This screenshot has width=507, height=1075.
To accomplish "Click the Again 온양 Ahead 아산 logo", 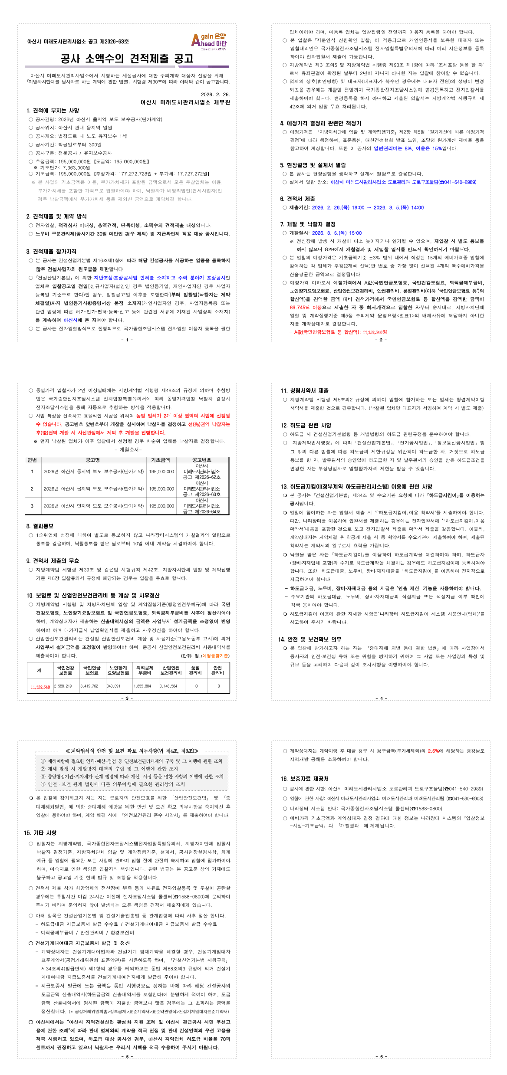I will pos(209,41).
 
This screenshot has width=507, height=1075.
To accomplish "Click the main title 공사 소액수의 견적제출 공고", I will pos(127,59).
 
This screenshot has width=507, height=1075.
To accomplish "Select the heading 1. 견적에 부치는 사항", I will pos(53,111).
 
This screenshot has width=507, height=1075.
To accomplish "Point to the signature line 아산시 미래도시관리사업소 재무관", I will pos(185,102).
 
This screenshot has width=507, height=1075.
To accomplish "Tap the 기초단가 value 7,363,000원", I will pos(76,167).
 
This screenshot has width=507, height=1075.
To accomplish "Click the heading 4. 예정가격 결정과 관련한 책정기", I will pos(321,123).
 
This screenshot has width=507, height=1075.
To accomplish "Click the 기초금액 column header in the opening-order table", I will pos(160,460).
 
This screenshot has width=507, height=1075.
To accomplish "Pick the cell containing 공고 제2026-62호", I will pos(202,477).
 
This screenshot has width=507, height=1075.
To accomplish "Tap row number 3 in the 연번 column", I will pos(32,506).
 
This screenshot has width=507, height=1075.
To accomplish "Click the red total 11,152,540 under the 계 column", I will pos(40,687).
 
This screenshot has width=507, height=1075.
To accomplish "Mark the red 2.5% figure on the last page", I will pos(433,751).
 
